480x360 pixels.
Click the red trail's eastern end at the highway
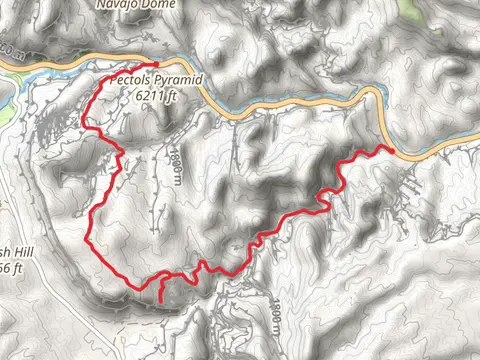tap(391, 150)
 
